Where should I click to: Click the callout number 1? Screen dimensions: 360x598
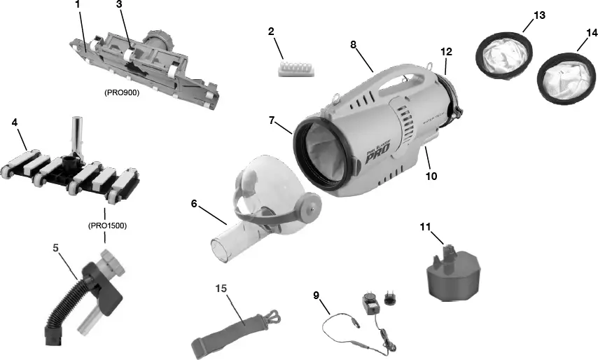[77, 6]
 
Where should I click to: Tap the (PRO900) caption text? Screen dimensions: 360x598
[122, 92]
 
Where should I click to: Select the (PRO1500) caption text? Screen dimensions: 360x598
[106, 226]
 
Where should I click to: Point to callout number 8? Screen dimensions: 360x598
[354, 44]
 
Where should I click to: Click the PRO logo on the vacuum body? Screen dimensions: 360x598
[382, 152]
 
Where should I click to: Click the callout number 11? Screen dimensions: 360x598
[424, 226]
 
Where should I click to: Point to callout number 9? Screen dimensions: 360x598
[317, 295]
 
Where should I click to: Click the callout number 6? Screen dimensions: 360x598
[195, 204]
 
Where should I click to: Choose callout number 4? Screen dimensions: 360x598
[15, 122]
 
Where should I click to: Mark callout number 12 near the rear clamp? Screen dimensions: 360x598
[446, 51]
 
